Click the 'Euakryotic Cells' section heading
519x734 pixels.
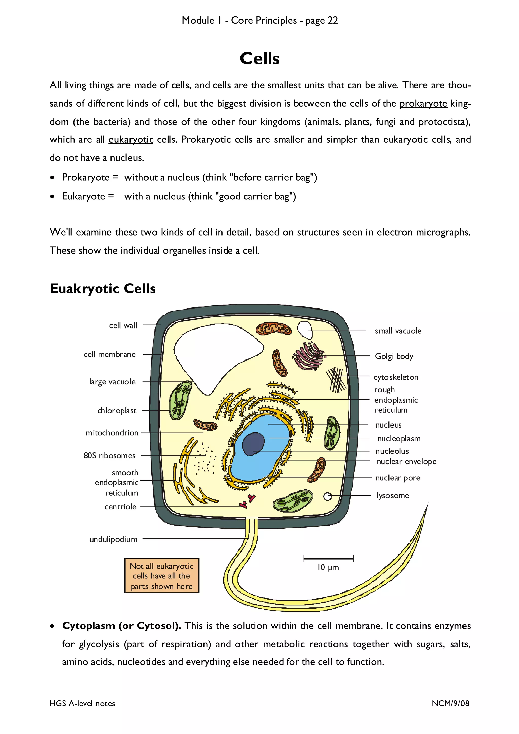[x=103, y=288]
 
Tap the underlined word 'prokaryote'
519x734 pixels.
[x=423, y=104]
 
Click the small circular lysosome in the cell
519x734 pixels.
[x=327, y=496]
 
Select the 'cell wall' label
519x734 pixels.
[x=123, y=325]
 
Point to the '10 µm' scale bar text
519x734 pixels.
[x=328, y=567]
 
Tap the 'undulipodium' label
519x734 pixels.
[x=114, y=539]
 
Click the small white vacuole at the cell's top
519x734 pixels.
[x=305, y=330]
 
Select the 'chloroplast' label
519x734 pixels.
[x=117, y=411]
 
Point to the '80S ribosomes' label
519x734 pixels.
[x=109, y=456]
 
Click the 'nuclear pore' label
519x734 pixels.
[x=397, y=478]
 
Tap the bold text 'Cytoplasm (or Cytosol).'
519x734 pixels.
[x=122, y=626]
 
